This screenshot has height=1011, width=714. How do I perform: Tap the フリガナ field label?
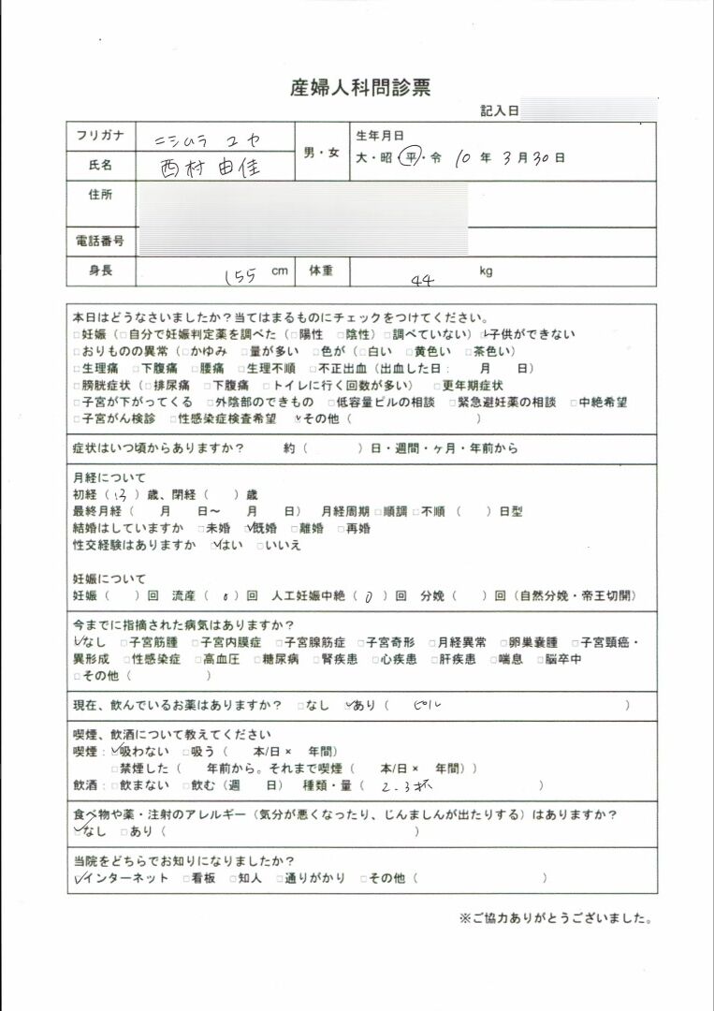pyautogui.click(x=100, y=136)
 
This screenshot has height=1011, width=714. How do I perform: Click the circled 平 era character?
pyautogui.click(x=408, y=158)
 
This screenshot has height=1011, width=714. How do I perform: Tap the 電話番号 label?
pyautogui.click(x=100, y=242)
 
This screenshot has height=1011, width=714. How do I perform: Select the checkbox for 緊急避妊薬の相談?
pyautogui.click(x=451, y=403)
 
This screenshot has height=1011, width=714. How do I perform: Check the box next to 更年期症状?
pyautogui.click(x=435, y=386)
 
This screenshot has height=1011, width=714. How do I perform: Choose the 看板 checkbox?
pyautogui.click(x=184, y=879)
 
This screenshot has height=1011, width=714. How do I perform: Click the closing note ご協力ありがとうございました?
pyautogui.click(x=556, y=918)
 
